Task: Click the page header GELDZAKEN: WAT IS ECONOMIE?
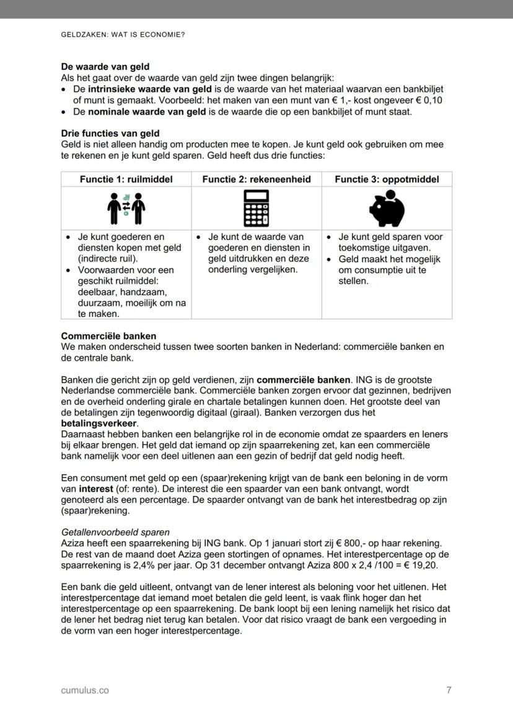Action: coord(123,35)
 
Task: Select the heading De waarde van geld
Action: coord(105,66)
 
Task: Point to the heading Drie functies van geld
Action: coord(110,133)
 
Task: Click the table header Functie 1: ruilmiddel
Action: coord(126,179)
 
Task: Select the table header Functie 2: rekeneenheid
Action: coord(256,179)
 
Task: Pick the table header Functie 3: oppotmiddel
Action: coord(387,179)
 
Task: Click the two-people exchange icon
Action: coord(126,208)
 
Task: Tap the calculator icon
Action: coord(256,208)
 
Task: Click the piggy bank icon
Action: coord(387,208)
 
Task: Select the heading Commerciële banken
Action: coord(108,336)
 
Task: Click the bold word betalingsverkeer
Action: coord(99,423)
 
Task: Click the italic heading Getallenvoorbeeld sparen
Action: coord(115,532)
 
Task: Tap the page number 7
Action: coord(449,690)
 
